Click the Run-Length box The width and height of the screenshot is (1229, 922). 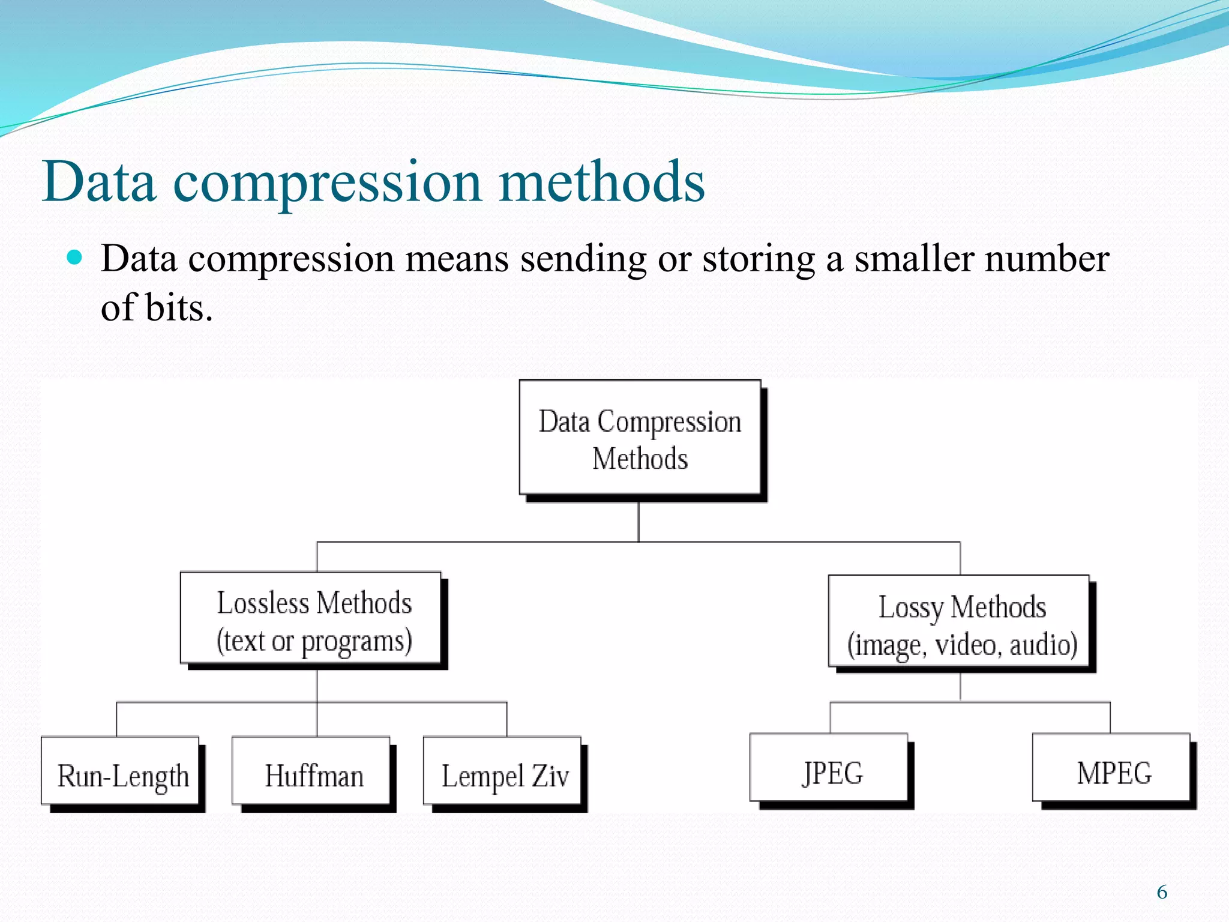point(120,771)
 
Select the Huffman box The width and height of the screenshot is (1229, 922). point(311,771)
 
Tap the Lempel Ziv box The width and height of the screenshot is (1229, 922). point(502,771)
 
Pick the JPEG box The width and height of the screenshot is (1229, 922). point(829,768)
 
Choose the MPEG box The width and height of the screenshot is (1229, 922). point(1111,768)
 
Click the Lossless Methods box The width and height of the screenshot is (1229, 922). point(311,618)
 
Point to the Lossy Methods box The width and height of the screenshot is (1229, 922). point(959,621)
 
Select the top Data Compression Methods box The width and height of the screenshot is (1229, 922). point(640,438)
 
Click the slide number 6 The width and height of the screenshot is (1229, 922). point(1162,892)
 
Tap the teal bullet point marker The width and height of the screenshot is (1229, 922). point(74,258)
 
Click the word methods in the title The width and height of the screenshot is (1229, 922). point(601,181)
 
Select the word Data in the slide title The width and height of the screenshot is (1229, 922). point(100,181)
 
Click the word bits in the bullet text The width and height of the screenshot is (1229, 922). point(178,307)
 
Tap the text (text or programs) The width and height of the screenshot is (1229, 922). point(314,641)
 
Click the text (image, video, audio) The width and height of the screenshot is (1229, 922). point(962,645)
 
